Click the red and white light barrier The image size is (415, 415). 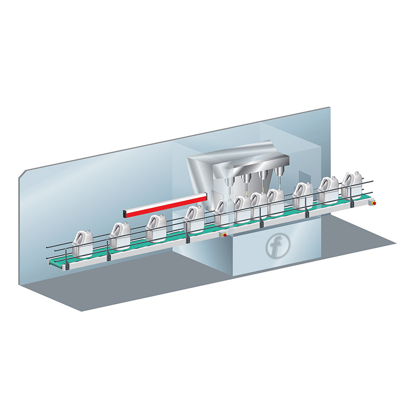click(165, 205)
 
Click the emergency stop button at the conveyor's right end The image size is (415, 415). click(374, 203)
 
